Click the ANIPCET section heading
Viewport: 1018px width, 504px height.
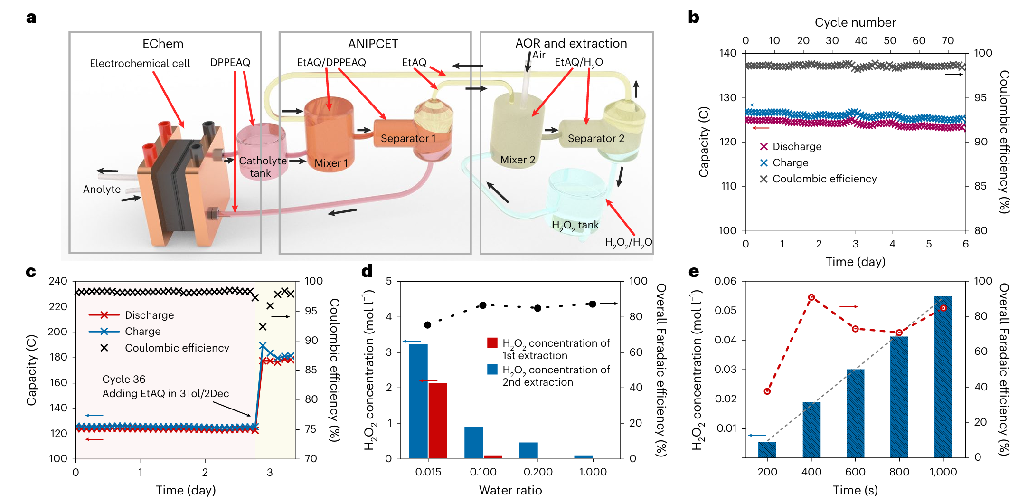(x=373, y=44)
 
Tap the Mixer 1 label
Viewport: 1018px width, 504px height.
(x=331, y=163)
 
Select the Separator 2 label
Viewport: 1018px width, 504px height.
(x=596, y=139)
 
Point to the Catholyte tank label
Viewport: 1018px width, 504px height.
(x=262, y=167)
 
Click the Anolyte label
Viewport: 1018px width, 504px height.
(x=102, y=190)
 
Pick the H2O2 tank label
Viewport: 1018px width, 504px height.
(x=575, y=226)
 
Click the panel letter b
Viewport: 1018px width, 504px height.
(x=693, y=18)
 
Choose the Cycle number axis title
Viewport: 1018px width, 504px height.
(x=855, y=22)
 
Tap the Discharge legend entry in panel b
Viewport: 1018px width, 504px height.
(x=796, y=147)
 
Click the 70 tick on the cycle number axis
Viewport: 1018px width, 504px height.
(x=948, y=41)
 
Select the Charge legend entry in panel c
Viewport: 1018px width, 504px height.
(x=142, y=332)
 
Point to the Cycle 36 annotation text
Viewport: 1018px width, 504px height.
(x=123, y=380)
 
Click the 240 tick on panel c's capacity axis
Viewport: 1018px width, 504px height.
(x=58, y=281)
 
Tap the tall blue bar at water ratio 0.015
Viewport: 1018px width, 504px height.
(x=418, y=401)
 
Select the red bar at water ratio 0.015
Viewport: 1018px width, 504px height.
(x=438, y=420)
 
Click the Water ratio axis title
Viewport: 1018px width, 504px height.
(x=510, y=490)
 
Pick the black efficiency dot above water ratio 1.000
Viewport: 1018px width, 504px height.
(x=592, y=304)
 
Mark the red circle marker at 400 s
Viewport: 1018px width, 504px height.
(x=811, y=297)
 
